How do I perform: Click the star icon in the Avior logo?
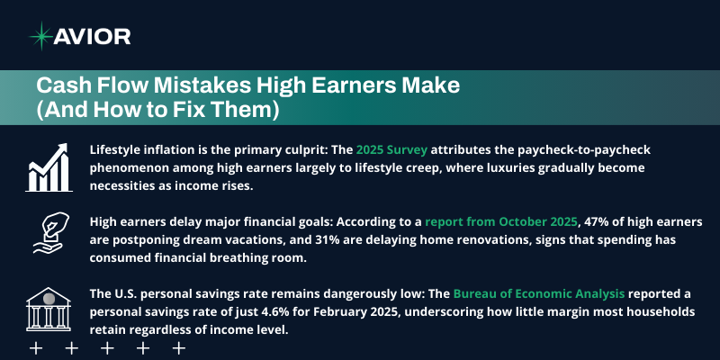click(40, 35)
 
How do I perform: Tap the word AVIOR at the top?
click(94, 36)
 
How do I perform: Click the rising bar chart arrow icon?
click(50, 166)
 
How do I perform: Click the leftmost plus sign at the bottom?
click(37, 347)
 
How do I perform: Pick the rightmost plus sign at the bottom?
click(177, 347)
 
